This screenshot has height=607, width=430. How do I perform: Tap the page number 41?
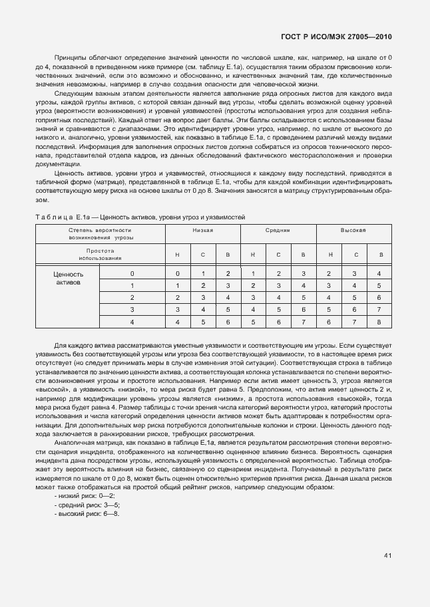[387, 556]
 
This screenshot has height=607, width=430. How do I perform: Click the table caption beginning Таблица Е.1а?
[140, 217]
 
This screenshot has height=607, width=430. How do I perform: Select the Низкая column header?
[202, 229]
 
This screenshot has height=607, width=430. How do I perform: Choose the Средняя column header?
[278, 229]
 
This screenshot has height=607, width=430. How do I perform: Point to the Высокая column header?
[353, 229]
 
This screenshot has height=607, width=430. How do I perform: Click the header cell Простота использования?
[100, 254]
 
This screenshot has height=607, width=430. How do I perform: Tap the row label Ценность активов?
[68, 278]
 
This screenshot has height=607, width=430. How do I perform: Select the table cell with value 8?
[379, 322]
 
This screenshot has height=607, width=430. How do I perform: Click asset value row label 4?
[132, 322]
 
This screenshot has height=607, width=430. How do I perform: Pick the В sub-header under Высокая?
[379, 254]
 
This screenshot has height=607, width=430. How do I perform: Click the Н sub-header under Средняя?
[253, 254]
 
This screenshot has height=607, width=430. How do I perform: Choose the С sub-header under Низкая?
[202, 254]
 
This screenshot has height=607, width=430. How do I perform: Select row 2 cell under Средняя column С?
[278, 298]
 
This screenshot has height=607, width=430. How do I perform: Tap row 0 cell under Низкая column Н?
[177, 274]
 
